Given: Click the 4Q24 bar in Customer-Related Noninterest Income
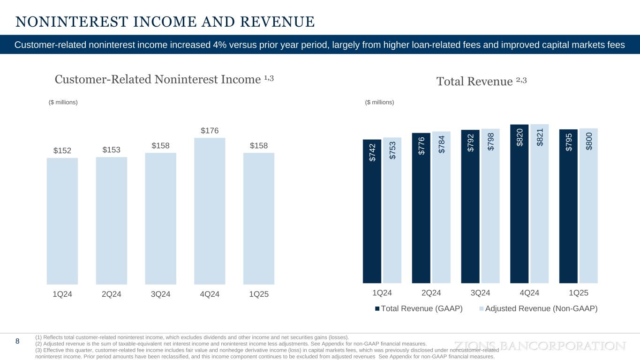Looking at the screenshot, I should click(210, 211).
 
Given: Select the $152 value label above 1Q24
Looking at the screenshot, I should click(62, 150).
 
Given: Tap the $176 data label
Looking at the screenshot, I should click(210, 130).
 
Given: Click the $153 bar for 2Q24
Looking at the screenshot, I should click(112, 220).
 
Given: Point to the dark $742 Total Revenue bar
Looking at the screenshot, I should click(372, 211).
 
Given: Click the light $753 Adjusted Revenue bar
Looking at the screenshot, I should click(392, 211).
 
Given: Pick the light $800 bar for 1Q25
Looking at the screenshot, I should click(588, 206).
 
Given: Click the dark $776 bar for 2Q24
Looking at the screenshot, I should click(421, 209).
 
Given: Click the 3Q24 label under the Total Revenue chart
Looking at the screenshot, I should click(480, 293).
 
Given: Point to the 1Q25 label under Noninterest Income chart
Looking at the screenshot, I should click(259, 294).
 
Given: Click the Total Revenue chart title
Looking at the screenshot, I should click(482, 82).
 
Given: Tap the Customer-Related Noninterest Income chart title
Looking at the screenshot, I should click(164, 79).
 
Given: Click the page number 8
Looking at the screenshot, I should click(17, 341).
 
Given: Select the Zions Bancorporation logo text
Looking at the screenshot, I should click(542, 346).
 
